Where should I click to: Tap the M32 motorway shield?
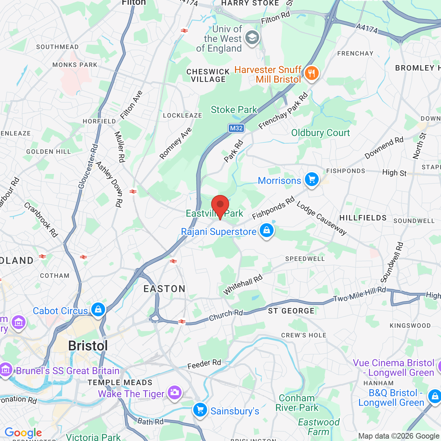[236, 128]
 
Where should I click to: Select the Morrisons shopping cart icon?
[312, 180]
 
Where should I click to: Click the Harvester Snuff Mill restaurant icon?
[311, 73]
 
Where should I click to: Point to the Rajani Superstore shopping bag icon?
[267, 230]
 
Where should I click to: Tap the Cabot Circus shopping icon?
[98, 309]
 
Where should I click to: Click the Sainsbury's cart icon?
[200, 410]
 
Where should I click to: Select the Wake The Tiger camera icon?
[174, 392]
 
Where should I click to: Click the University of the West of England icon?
[252, 38]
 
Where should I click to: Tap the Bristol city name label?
[88, 346]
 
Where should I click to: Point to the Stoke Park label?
[234, 110]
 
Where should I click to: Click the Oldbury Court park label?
[320, 133]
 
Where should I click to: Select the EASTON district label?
[164, 289]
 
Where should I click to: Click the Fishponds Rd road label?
[273, 208]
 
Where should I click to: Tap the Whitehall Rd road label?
[243, 285]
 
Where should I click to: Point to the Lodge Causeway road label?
[321, 218]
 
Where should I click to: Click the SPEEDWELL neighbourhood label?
[305, 259]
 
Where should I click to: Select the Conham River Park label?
[297, 403]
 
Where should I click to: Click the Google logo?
[23, 433]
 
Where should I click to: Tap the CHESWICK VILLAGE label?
[208, 75]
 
